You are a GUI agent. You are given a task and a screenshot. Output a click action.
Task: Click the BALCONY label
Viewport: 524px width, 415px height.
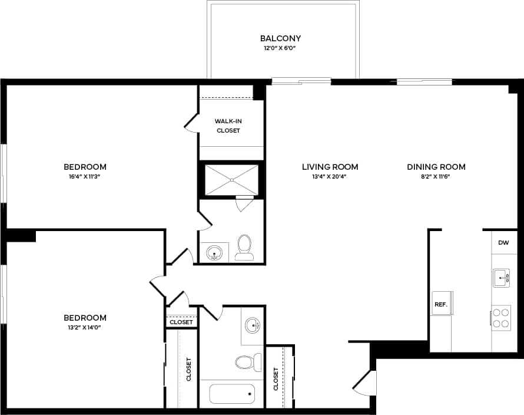tap(281, 38)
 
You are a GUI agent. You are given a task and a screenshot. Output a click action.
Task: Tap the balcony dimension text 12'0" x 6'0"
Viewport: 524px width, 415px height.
tap(281, 48)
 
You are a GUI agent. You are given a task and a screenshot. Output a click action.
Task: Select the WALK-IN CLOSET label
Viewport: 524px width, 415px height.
tap(228, 126)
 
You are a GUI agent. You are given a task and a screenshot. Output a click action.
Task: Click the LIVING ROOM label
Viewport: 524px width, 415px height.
tap(330, 167)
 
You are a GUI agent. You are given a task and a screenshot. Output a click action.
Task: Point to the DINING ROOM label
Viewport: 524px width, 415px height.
tap(436, 167)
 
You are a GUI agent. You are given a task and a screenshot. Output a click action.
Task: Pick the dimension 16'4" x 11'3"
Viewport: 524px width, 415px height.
tap(85, 176)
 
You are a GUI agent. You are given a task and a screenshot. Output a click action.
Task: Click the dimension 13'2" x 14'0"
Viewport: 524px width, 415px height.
tap(85, 327)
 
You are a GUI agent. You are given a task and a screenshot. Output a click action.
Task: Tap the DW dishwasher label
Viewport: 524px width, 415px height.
tap(503, 242)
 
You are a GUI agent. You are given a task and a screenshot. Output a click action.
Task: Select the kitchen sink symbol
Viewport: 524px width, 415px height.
tap(502, 277)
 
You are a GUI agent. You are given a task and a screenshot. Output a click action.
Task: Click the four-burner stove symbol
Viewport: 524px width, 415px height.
tap(501, 317)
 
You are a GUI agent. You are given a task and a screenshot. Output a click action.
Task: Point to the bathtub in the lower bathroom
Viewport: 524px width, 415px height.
tap(232, 393)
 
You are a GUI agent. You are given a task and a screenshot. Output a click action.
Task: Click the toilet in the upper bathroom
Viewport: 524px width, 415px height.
tap(244, 248)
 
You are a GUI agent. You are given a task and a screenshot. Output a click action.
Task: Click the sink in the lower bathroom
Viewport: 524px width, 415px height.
tap(253, 324)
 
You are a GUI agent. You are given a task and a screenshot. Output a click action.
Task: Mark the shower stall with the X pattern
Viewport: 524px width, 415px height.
tap(231, 179)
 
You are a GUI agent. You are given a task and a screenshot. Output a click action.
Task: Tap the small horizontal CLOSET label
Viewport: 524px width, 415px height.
tap(181, 322)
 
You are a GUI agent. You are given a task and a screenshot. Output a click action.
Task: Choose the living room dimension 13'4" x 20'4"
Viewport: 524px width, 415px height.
tap(330, 176)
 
